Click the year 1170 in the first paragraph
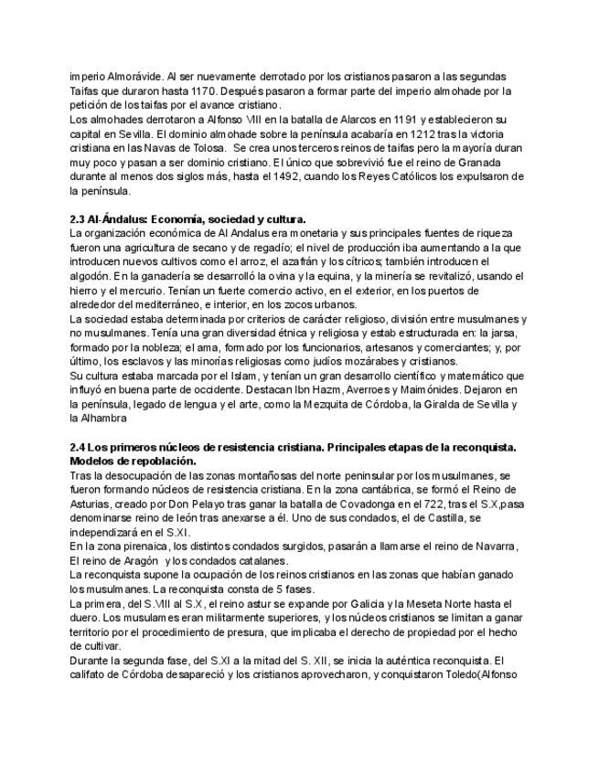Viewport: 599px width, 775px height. pos(198,92)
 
